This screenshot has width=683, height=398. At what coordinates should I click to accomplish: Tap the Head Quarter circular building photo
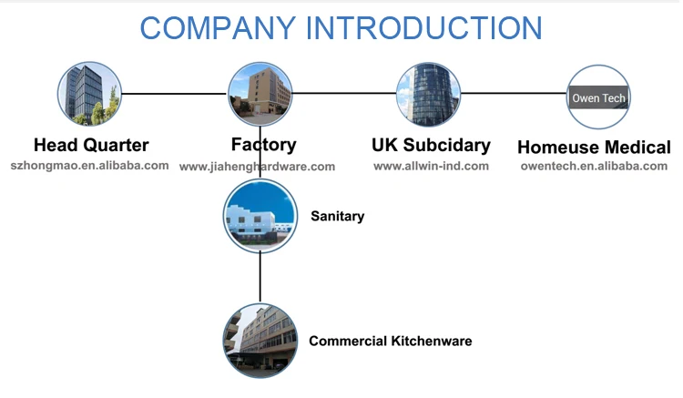[x=89, y=94]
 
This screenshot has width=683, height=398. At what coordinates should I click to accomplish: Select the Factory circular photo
[x=261, y=94]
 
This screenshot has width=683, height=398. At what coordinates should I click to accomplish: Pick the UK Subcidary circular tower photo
[x=428, y=94]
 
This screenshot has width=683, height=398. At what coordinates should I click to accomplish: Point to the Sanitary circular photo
[x=260, y=217]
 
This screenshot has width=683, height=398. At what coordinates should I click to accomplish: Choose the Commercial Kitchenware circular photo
[x=260, y=341]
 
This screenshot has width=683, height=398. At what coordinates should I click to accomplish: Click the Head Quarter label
[x=91, y=145]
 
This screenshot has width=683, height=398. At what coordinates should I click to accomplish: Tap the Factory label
[x=263, y=145]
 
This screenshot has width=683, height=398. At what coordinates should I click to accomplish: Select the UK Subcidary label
[x=431, y=145]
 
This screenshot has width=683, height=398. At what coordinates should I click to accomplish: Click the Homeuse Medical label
[x=594, y=147]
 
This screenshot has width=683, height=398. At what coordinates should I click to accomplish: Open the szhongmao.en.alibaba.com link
[x=89, y=166]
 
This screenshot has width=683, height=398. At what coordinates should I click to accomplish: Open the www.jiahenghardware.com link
[x=257, y=167]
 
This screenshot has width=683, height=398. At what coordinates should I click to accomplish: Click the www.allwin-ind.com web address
[x=431, y=166]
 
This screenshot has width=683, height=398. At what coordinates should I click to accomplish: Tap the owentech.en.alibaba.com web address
[x=594, y=166]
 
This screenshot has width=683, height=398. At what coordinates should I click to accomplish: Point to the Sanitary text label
[x=337, y=217]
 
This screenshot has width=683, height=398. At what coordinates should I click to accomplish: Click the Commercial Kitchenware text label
[x=390, y=342]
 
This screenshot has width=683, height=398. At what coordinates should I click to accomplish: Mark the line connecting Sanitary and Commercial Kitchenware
[x=260, y=278]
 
